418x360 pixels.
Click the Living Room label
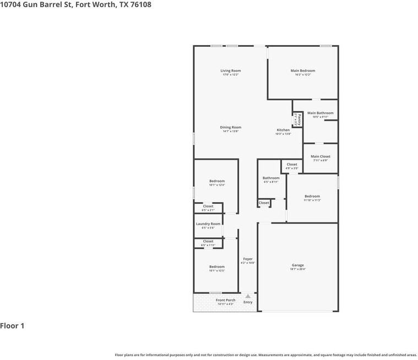coord(231,70)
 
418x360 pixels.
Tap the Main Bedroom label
coord(303,70)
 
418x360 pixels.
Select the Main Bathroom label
coord(320,113)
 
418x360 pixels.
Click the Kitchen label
coord(283,130)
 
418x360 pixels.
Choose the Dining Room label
coord(231,127)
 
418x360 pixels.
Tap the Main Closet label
coord(320,156)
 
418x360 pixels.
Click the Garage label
coord(297,265)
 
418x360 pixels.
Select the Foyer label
coord(248,259)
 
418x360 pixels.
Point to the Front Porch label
coord(225,300)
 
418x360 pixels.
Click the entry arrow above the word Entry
coord(248,296)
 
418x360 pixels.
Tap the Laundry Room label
coord(208,223)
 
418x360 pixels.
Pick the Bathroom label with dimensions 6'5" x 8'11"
coord(271,178)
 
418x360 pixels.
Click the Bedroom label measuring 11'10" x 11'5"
coord(312,196)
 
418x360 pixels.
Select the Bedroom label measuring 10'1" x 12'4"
coord(217,181)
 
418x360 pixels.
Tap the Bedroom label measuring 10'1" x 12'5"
coord(217,266)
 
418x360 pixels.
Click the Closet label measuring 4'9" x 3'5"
coord(292,164)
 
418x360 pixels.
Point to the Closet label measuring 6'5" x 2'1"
coord(208,206)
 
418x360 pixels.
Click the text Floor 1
coord(12,326)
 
